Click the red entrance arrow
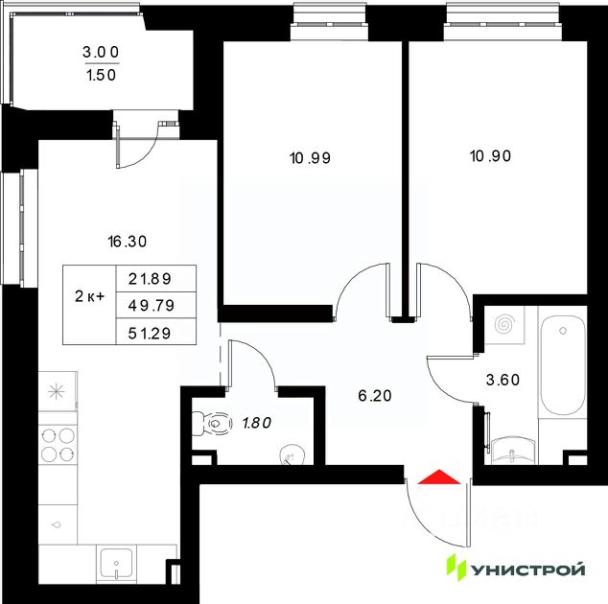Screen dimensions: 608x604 [x=439, y=477]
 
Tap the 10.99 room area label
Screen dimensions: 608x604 [x=310, y=158]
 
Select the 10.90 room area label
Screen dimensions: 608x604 [x=490, y=156]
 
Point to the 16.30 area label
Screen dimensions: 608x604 [x=128, y=242]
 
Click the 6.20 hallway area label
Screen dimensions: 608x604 [x=375, y=396]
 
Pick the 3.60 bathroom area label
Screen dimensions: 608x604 [x=503, y=380]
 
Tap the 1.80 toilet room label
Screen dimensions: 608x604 [x=257, y=423]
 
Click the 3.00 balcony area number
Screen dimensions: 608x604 [x=101, y=52]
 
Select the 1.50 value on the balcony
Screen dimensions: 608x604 [x=102, y=75]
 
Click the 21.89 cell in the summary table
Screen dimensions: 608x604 [x=150, y=279]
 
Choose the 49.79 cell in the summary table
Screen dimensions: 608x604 [x=152, y=306]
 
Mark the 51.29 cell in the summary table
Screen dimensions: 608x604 [x=150, y=333]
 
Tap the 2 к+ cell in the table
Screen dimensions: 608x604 [x=89, y=296]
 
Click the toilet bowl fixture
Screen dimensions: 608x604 [x=211, y=424]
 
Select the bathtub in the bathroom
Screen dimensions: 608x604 [x=563, y=365]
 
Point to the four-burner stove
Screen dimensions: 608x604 [x=58, y=445]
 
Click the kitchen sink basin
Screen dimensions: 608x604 [x=116, y=565]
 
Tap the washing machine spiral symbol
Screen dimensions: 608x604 [x=504, y=324]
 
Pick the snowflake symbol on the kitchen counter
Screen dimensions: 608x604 [x=57, y=391]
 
